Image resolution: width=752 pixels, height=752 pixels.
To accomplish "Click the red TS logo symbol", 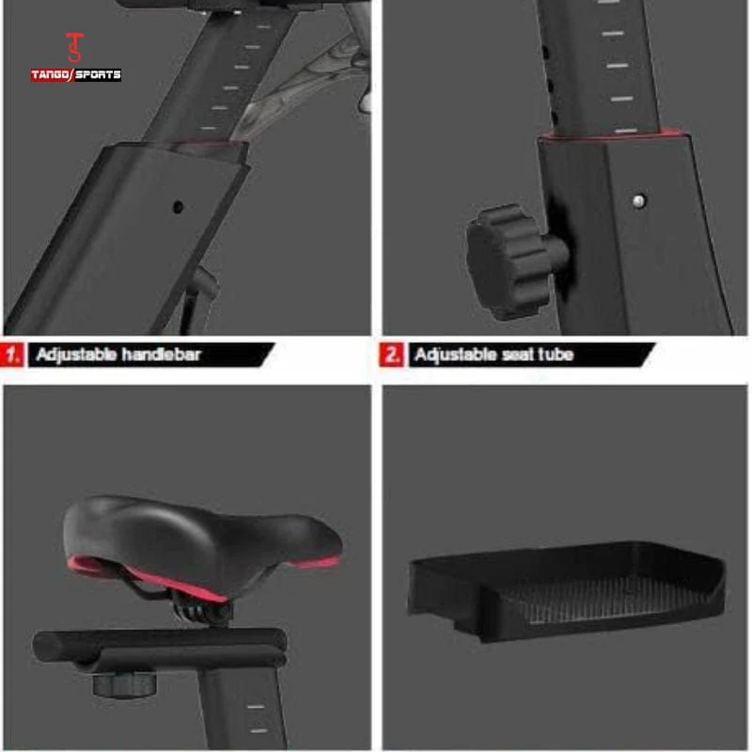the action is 75,48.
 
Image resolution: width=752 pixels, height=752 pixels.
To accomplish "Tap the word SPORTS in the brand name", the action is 99,75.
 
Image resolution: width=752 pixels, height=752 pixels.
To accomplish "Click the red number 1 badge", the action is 11,355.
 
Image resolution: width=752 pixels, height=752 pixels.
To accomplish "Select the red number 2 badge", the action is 392,355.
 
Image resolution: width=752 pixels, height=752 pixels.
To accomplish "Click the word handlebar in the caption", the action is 161,354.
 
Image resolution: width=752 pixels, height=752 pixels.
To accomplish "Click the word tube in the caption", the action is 556,354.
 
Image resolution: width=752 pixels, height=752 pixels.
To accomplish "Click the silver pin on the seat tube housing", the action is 638,201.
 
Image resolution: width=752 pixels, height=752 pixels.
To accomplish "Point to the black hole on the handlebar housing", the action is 178,207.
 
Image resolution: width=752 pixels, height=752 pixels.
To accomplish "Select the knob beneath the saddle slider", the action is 125,683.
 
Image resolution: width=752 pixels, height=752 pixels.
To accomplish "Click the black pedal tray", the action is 566,591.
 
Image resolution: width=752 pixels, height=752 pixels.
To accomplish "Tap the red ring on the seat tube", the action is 612,134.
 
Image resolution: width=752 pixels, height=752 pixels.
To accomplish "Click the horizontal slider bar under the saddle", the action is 161,648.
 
